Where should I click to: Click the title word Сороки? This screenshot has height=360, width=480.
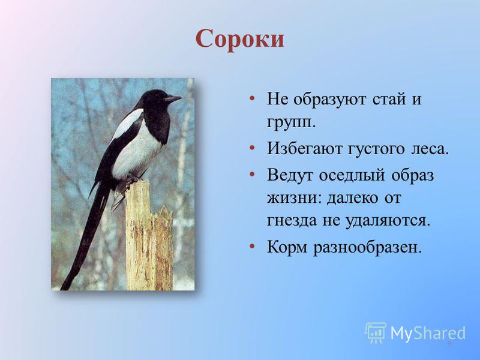click(240, 39)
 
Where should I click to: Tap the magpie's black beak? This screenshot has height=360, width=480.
click(173, 99)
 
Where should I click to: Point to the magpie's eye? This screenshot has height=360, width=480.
click(161, 96)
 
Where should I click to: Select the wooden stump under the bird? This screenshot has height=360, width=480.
click(149, 236)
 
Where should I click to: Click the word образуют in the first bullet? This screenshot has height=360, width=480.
click(329, 100)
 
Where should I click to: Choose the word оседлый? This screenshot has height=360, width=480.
click(352, 176)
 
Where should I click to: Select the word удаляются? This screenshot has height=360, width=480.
click(388, 221)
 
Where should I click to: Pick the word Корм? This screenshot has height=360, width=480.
click(287, 247)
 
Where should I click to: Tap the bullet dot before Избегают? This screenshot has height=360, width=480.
click(252, 148)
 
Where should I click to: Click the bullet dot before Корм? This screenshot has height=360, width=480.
click(252, 246)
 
